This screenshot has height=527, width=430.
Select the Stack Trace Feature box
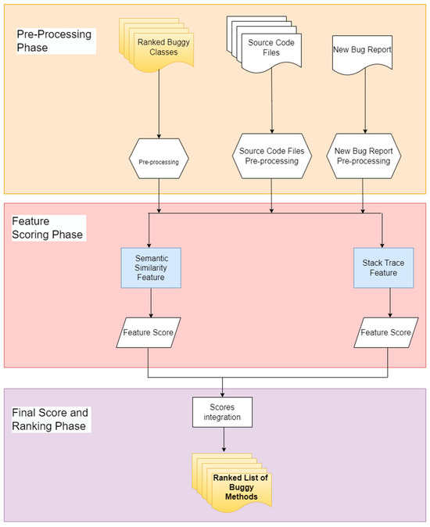click(x=382, y=267)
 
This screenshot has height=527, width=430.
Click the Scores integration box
click(x=224, y=412)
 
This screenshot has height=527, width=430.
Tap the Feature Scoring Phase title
click(x=48, y=226)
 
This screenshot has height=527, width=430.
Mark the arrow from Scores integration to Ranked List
click(x=224, y=440)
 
